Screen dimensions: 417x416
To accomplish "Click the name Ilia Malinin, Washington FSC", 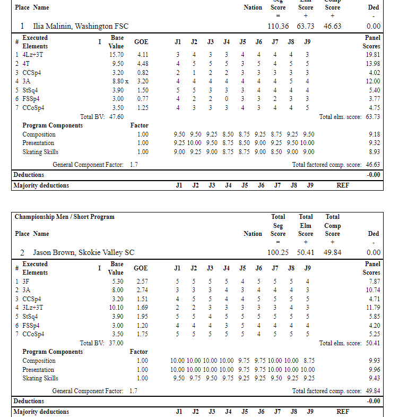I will [81, 26].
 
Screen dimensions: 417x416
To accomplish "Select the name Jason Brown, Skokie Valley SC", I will [83, 252].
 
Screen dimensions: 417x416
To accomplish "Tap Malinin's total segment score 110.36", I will [278, 26].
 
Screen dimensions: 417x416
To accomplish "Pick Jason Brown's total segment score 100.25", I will [278, 252].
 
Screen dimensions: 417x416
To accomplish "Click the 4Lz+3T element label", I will [33, 55].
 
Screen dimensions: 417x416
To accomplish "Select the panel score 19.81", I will [372, 55].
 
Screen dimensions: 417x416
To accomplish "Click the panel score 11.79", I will [372, 307].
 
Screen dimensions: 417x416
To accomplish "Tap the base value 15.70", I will [116, 55].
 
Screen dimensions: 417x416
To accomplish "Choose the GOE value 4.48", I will [142, 64].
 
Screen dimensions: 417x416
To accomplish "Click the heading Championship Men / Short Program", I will [64, 217].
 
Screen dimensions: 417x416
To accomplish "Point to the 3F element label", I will [26, 281].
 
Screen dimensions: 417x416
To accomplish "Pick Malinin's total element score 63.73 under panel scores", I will [372, 117].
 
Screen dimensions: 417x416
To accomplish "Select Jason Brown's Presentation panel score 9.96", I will [374, 370].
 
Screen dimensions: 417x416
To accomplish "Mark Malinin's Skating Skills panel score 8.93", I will [374, 152].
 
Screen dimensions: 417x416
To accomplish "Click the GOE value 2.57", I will [142, 281].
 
